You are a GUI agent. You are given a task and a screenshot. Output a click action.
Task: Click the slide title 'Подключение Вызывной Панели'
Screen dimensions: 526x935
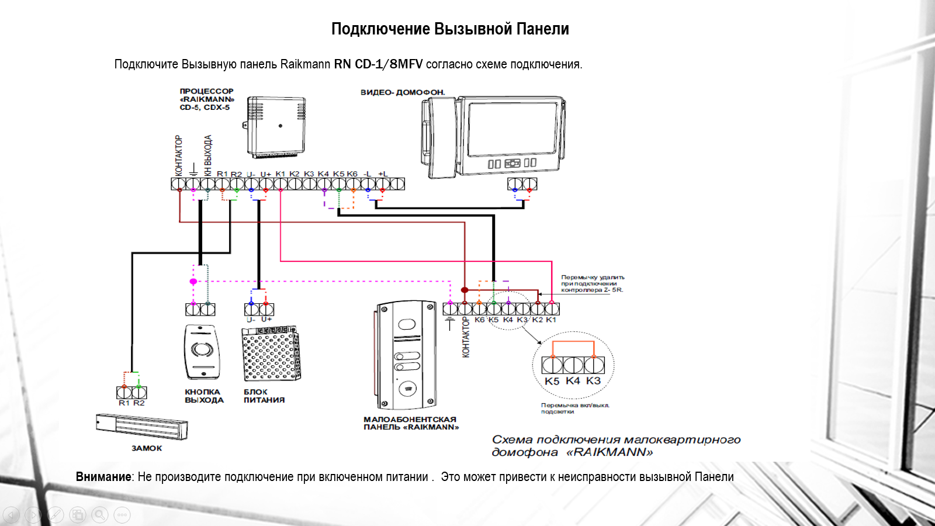(450, 29)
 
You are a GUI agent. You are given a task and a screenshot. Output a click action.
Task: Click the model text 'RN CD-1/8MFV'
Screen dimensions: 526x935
(378, 64)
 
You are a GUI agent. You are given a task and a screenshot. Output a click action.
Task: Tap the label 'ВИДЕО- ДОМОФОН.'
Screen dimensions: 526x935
(403, 92)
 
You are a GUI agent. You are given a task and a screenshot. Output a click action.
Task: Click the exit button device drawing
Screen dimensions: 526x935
(202, 352)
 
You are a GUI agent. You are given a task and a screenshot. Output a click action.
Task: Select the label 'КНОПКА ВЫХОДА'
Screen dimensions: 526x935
(204, 396)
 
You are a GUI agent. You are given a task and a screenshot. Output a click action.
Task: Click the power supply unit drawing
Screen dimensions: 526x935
(271, 354)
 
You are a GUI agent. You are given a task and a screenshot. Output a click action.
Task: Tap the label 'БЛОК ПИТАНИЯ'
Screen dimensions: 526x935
(264, 396)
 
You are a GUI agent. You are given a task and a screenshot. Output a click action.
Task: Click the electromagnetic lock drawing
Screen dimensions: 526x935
(142, 427)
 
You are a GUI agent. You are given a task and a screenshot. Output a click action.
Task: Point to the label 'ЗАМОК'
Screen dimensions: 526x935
(147, 448)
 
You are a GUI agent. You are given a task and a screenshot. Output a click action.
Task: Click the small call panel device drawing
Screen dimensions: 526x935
(407, 355)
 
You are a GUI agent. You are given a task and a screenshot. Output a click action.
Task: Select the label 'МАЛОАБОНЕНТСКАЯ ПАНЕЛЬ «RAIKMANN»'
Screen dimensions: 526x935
(411, 423)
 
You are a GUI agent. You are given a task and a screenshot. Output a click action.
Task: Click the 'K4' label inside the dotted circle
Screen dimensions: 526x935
(573, 381)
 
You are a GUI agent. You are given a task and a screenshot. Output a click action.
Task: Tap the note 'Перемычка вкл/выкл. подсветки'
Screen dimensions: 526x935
(575, 408)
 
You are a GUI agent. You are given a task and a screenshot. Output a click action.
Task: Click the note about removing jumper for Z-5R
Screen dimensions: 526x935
(593, 283)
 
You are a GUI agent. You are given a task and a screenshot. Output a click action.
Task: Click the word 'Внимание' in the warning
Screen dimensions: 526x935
(103, 477)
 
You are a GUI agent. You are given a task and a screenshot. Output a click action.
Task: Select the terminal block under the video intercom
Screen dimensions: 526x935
(522, 184)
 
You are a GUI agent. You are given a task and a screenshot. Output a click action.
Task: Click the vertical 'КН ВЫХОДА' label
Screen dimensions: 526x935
(208, 155)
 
